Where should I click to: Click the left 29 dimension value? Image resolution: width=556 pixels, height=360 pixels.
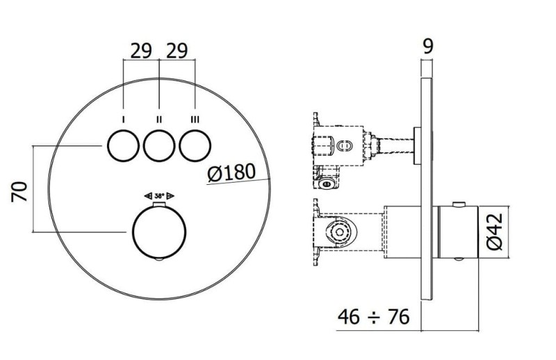pyautogui.click(x=141, y=51)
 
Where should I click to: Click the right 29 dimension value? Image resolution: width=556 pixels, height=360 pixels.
pyautogui.click(x=177, y=51)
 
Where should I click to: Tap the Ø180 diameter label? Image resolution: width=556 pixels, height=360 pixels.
pyautogui.click(x=231, y=173)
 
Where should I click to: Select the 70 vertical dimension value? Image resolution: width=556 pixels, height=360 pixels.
pyautogui.click(x=19, y=191)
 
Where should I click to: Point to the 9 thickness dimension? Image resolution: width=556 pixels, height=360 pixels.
pyautogui.click(x=428, y=46)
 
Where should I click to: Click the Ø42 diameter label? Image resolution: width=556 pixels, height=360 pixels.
pyautogui.click(x=495, y=231)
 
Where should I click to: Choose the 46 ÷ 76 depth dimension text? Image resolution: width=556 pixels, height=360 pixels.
pyautogui.click(x=373, y=317)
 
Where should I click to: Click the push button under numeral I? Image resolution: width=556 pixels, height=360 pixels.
pyautogui.click(x=124, y=146)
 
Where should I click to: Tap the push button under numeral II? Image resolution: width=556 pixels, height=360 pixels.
pyautogui.click(x=159, y=146)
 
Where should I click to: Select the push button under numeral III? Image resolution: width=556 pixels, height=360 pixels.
pyautogui.click(x=195, y=146)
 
